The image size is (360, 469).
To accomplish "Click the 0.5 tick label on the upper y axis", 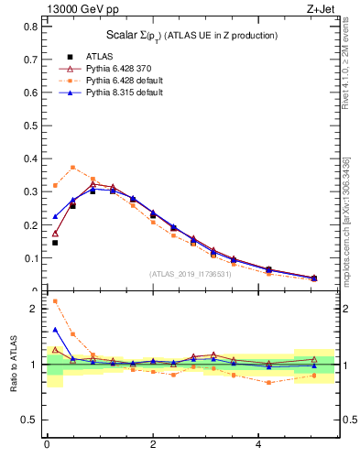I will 33,125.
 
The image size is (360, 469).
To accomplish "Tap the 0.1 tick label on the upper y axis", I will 33,258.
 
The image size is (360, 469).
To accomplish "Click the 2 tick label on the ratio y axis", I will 35,309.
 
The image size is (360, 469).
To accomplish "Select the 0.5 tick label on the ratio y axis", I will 31,420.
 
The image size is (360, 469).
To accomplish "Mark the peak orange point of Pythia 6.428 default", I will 73,168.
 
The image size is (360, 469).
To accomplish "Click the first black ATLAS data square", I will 55,243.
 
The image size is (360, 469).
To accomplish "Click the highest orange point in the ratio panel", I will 55,301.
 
